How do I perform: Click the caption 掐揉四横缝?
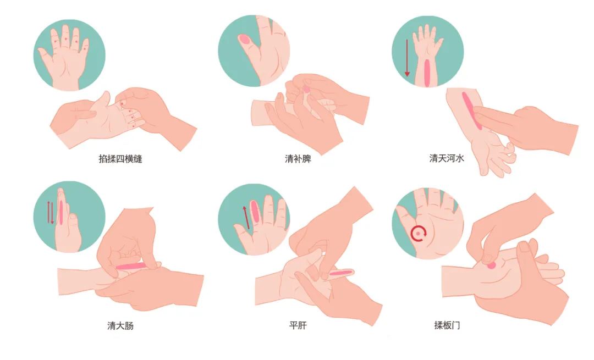point(120,159)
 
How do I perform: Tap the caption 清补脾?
point(298,159)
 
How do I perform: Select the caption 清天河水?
point(447,158)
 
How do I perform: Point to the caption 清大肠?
point(120,325)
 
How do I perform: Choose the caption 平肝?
point(298,325)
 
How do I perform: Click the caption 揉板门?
point(447,325)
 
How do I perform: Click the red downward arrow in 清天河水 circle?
point(407,57)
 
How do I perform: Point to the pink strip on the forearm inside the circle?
point(427,73)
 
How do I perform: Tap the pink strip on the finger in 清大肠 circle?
point(61,213)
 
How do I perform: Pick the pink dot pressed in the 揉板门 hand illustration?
point(491,265)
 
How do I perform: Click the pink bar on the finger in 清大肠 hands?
point(130,267)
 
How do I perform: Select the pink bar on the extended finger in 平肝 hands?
point(341,273)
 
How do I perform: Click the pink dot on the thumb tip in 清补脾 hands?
point(306,90)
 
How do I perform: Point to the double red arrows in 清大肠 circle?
point(51,212)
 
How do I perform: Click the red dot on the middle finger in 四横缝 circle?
point(66,39)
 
